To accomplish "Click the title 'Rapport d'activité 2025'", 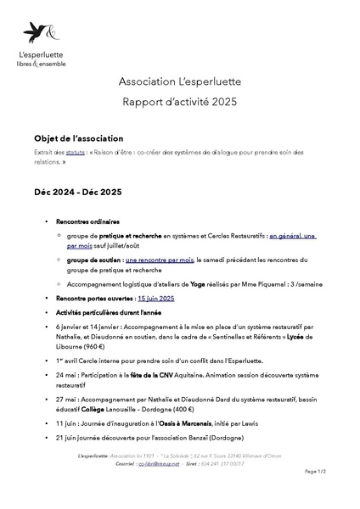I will (x=180, y=103).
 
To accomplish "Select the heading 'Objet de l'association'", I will (x=78, y=138).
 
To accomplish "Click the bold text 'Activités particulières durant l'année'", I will (x=109, y=311).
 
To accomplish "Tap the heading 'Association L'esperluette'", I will (x=180, y=81).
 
